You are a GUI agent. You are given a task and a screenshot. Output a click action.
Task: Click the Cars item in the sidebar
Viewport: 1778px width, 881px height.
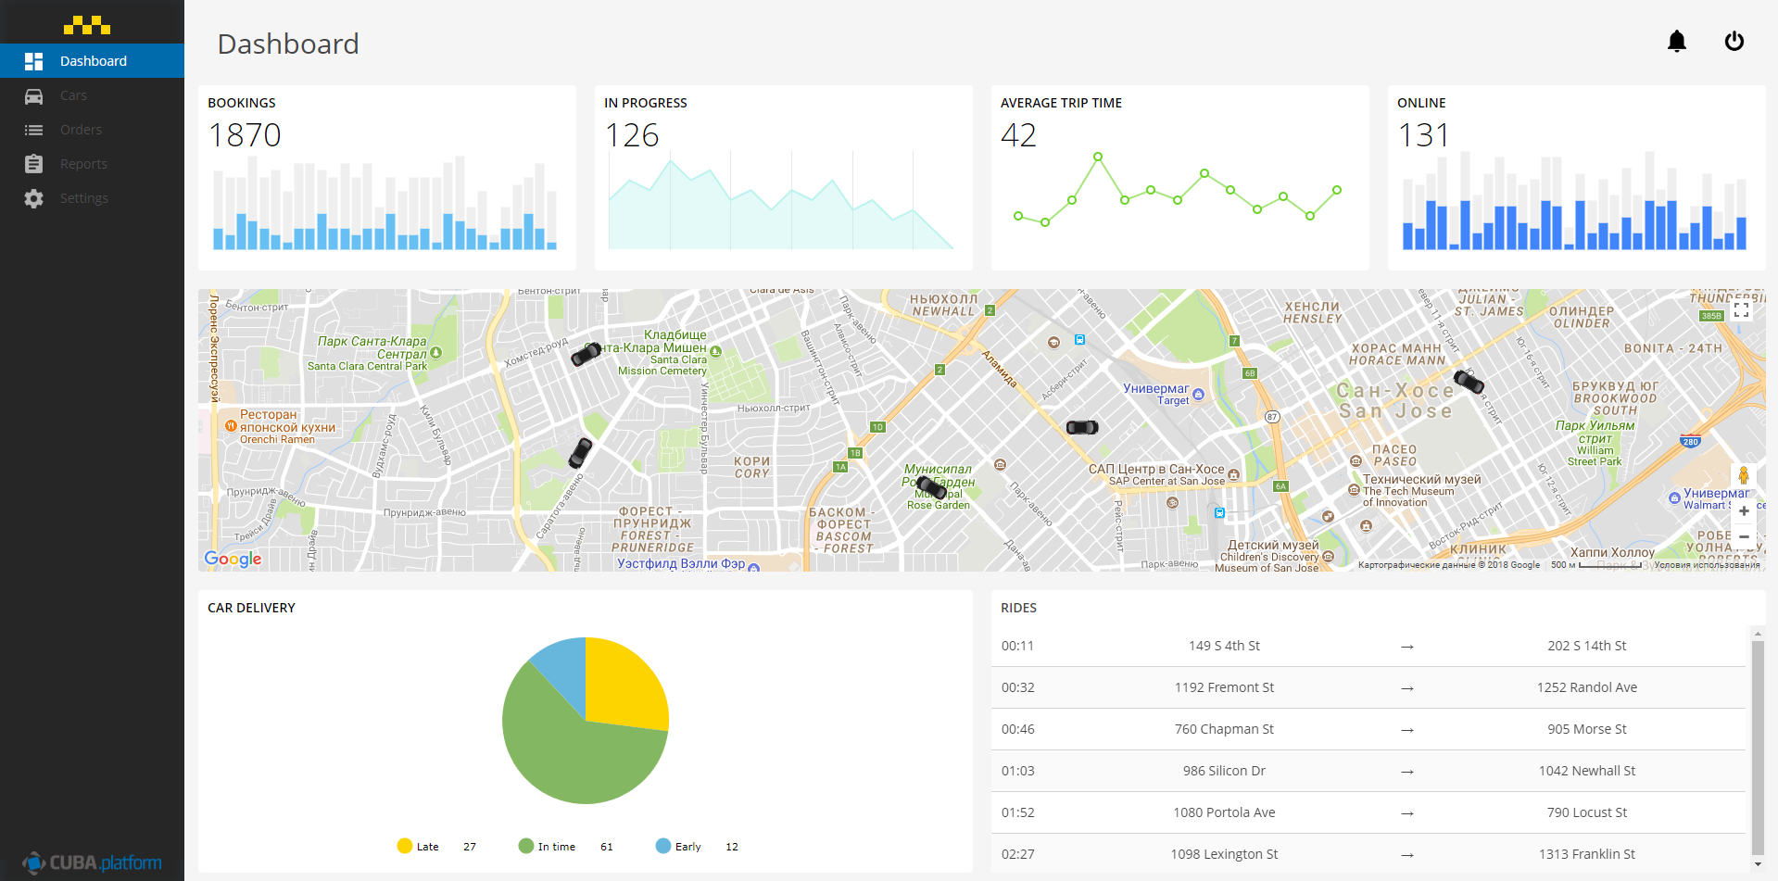[x=73, y=95]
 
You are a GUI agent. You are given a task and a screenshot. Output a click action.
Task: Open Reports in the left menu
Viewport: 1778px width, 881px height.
[x=83, y=164]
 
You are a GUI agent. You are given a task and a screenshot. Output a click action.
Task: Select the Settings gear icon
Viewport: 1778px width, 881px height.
[x=34, y=198]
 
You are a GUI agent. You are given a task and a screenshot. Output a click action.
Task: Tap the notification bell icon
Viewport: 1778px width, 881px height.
[x=1676, y=42]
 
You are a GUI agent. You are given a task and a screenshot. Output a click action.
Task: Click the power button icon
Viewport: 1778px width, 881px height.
[x=1734, y=42]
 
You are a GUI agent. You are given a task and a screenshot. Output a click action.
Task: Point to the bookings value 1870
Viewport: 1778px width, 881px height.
[x=245, y=135]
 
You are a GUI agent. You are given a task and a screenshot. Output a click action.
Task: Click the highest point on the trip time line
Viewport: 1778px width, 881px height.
[x=1098, y=157]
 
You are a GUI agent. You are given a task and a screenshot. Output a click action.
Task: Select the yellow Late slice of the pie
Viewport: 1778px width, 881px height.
[x=623, y=681]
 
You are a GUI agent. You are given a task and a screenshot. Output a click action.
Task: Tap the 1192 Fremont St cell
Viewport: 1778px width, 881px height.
[x=1224, y=687]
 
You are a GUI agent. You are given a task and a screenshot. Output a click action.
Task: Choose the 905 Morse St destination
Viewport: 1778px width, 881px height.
[x=1586, y=729]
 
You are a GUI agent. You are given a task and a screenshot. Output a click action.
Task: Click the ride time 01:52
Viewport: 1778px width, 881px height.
[x=1017, y=812]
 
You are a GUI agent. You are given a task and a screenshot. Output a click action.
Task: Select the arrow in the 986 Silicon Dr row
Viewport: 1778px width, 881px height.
[x=1406, y=771]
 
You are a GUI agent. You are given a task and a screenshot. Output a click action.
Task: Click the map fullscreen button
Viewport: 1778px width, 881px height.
[x=1741, y=310]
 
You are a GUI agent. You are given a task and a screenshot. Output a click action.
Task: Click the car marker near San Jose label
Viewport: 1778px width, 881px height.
[x=1469, y=381]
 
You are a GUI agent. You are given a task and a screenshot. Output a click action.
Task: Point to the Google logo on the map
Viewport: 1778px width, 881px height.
[x=233, y=559]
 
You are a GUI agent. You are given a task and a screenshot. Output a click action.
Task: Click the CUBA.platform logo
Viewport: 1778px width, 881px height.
[x=93, y=862]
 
